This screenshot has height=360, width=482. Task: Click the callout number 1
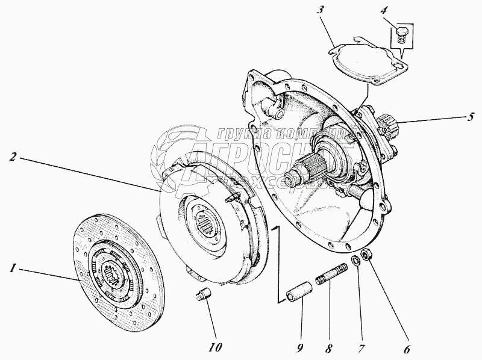click(13, 268)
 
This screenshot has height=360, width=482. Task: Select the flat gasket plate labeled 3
click(365, 63)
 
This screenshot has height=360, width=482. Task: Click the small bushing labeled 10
click(203, 297)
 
